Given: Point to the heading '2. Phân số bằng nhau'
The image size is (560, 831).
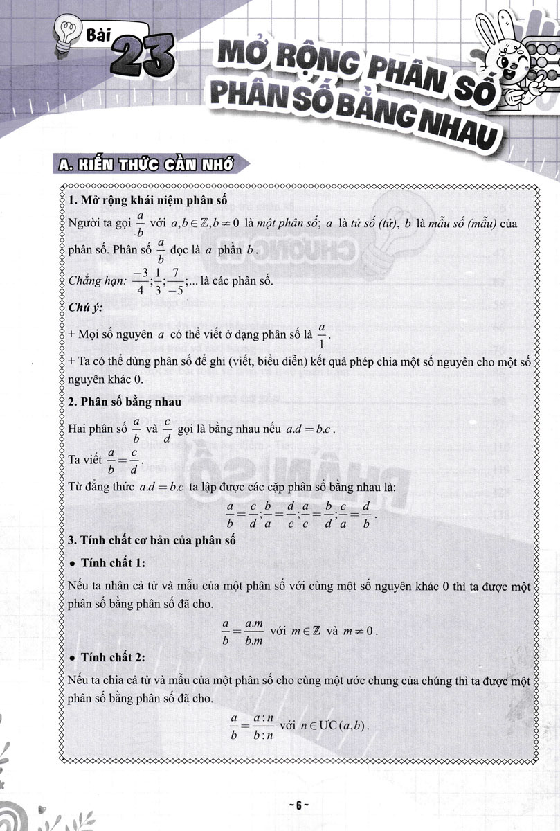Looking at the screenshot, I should (x=125, y=402).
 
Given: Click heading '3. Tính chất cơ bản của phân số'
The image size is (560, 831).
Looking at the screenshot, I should (x=153, y=540).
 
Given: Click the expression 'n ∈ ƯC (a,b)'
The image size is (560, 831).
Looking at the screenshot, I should (x=332, y=728).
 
